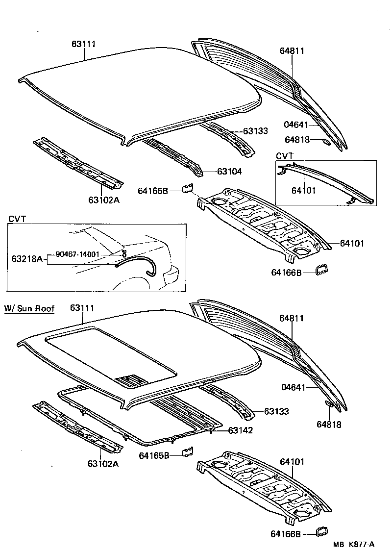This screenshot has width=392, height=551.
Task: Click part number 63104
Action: pyautogui.click(x=229, y=172)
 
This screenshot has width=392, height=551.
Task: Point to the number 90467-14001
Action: pyautogui.click(x=77, y=254)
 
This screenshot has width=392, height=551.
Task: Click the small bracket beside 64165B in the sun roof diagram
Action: pyautogui.click(x=188, y=451)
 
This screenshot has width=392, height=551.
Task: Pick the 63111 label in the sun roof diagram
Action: pyautogui.click(x=82, y=308)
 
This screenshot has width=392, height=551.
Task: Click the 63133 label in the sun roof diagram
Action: pyautogui.click(x=276, y=411)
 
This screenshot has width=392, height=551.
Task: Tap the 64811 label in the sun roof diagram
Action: pyautogui.click(x=292, y=318)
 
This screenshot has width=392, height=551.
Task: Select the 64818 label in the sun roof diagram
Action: pyautogui.click(x=328, y=425)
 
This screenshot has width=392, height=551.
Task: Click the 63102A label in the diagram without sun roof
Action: pyautogui.click(x=104, y=200)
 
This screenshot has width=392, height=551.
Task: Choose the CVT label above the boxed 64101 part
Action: pyautogui.click(x=284, y=155)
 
